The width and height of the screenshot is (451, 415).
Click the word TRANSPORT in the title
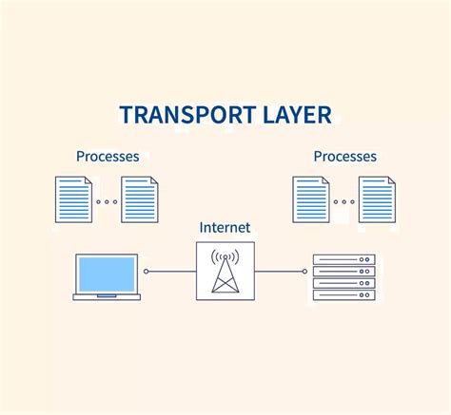click(x=187, y=114)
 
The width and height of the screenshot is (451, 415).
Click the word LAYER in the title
click(x=297, y=114)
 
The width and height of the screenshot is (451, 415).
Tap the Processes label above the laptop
click(x=108, y=157)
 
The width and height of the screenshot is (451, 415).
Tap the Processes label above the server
click(x=345, y=157)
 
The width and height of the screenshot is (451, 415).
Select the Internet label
click(x=225, y=227)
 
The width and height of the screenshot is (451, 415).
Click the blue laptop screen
click(x=107, y=274)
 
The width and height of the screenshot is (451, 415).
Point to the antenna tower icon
click(x=225, y=274)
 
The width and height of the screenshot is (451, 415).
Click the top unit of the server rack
click(x=344, y=259)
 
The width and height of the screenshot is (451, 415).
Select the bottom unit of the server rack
click(x=344, y=295)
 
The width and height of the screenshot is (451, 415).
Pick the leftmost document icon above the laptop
click(x=73, y=199)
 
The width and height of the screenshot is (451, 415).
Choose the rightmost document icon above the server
click(x=377, y=199)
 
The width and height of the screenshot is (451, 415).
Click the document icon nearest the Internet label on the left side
click(x=140, y=199)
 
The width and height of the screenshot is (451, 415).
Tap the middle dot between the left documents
click(x=107, y=201)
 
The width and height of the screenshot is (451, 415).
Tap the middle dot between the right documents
click(x=344, y=201)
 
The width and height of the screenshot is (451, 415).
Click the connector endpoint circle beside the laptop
click(x=146, y=272)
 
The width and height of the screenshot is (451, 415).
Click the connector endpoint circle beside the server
click(x=304, y=272)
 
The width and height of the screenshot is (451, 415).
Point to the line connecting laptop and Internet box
click(x=172, y=272)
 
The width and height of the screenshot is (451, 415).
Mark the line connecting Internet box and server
click(x=279, y=272)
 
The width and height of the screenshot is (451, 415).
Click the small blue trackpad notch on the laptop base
click(x=107, y=296)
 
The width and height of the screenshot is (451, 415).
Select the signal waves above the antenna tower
click(x=225, y=255)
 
